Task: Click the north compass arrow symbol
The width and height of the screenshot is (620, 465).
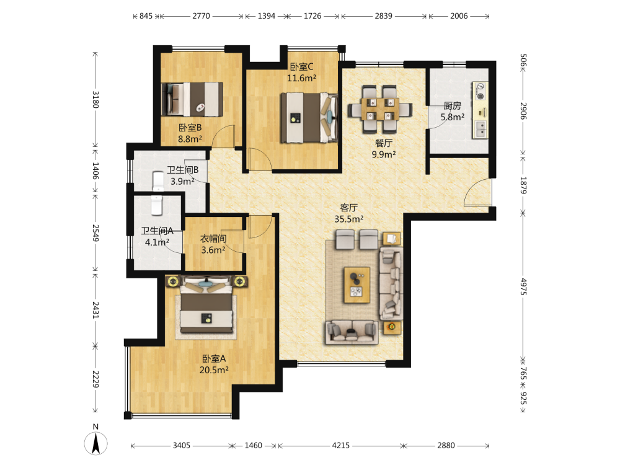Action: (x=95, y=443)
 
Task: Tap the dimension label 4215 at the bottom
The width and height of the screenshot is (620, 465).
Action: (x=340, y=446)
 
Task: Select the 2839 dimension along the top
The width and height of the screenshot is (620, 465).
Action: (x=384, y=16)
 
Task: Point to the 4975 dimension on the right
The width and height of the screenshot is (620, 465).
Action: (x=523, y=286)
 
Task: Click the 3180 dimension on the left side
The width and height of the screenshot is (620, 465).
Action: (x=95, y=100)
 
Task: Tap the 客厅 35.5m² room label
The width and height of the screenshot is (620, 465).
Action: (x=348, y=213)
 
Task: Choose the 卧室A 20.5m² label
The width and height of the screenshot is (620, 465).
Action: (x=214, y=364)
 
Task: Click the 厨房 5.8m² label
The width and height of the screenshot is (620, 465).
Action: (x=453, y=112)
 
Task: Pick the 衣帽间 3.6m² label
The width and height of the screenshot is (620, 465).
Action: (x=213, y=244)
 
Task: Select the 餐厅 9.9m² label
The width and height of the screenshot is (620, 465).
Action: (x=384, y=149)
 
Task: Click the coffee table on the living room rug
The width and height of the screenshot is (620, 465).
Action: (x=356, y=285)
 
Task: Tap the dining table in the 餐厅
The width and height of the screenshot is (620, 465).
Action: (x=380, y=109)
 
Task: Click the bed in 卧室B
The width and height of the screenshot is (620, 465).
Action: (x=192, y=99)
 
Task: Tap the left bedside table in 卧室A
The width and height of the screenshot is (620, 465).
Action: (x=173, y=281)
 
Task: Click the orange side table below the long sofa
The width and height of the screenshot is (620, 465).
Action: (x=392, y=327)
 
